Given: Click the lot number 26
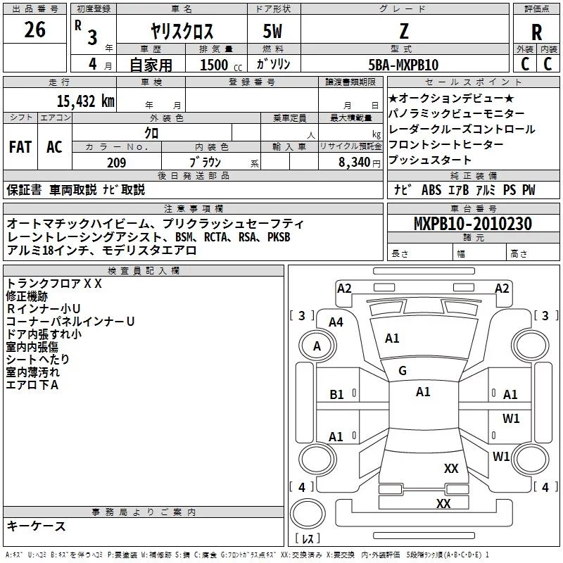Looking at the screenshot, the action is pos(34,30).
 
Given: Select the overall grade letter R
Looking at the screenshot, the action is pos(536,32).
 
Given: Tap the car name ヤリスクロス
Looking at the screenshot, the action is pos(181,32).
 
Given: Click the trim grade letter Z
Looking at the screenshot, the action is pos(403,32).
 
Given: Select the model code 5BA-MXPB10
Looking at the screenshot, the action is pos(403,65).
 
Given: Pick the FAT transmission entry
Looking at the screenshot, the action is pos(20,146).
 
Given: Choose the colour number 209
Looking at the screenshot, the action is pos(116,163).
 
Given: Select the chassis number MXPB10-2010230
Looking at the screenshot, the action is pos(472,224).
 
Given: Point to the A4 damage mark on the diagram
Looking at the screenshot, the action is pos(336,322).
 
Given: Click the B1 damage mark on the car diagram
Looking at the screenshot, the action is pos(336,395).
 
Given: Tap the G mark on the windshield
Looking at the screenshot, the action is pos(403,371).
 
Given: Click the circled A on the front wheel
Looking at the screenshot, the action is pos(317,346).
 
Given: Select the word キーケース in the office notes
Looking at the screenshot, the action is pos(36,526).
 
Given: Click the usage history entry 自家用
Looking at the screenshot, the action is pos(151,65).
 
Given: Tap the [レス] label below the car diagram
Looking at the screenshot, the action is pos(308,540).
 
